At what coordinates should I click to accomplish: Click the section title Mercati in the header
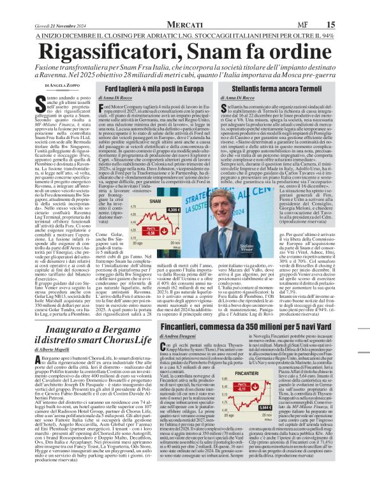point(184,6)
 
